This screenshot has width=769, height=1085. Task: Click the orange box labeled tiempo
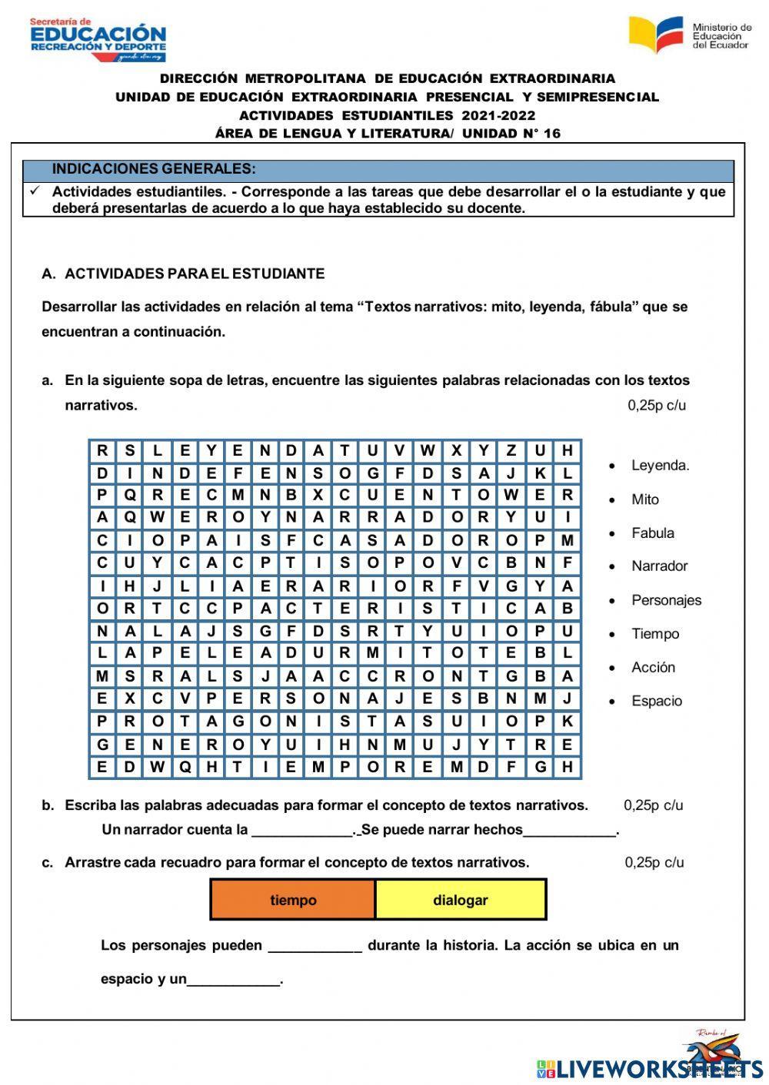coord(293,900)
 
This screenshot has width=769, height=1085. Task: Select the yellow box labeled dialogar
coord(461,900)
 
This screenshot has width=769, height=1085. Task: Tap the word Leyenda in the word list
coord(660,465)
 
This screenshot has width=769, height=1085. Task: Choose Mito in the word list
coord(644,499)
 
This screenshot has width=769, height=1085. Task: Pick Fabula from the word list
coord(652,533)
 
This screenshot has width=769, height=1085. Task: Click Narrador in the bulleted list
coord(659,566)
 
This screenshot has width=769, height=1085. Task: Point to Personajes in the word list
coord(666,600)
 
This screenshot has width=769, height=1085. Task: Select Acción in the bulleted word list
coord(653,667)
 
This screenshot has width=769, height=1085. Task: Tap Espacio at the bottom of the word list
coord(656,701)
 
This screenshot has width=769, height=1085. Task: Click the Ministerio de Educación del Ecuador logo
coord(690,35)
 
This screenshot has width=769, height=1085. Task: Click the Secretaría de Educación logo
coord(98,39)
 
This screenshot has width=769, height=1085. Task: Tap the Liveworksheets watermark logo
coord(650,1067)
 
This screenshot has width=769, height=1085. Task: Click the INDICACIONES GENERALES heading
coord(154,169)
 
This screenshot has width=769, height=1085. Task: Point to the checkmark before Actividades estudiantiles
coord(35,191)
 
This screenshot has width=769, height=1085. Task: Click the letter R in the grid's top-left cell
coord(102,451)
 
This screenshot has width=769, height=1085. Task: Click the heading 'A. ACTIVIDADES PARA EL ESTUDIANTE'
coord(183,274)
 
